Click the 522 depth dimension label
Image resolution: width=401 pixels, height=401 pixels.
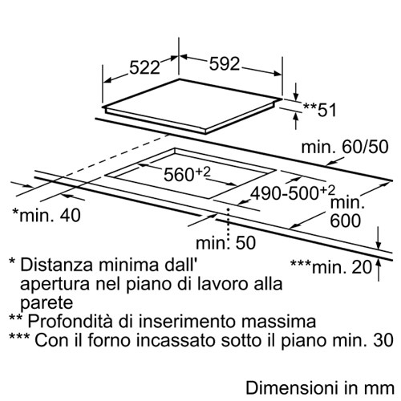point(144,67)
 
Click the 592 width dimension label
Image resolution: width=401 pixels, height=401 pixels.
point(225,64)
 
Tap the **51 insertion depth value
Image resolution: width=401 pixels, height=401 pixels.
point(320,110)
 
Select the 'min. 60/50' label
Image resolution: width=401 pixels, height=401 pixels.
point(345,147)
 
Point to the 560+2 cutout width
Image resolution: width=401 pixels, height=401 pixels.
point(187,174)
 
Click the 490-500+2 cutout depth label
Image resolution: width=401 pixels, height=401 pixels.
point(293,192)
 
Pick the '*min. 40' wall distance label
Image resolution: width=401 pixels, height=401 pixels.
point(47,215)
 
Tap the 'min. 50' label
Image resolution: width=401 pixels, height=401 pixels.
point(226,243)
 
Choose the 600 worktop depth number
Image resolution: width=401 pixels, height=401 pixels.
point(346,221)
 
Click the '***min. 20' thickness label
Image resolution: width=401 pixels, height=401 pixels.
point(331,266)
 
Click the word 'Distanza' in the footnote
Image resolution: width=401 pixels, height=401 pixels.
point(57,265)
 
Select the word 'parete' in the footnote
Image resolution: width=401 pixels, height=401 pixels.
point(47,303)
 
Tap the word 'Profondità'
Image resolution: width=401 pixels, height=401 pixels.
point(70,321)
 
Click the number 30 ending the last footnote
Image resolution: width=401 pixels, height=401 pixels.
point(384,340)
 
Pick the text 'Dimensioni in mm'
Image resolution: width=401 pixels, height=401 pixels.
point(320,388)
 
